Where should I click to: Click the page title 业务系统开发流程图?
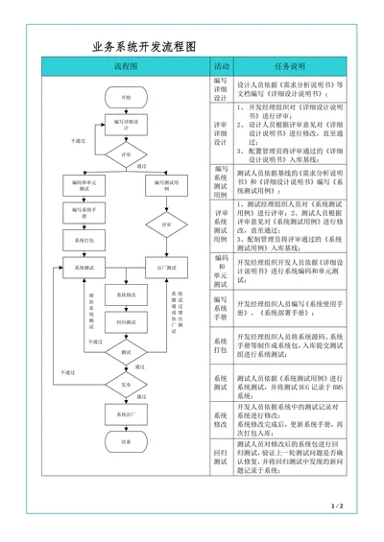click(143, 46)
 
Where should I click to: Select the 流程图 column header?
click(126, 66)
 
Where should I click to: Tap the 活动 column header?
click(221, 66)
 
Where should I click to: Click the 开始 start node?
click(126, 98)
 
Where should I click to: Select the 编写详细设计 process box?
click(126, 124)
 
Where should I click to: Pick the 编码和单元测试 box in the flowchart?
click(84, 184)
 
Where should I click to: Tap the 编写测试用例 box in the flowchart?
click(166, 184)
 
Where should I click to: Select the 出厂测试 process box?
click(166, 267)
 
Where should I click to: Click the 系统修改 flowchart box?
click(126, 295)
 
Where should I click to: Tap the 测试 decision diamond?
click(126, 352)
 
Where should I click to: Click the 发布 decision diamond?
click(126, 384)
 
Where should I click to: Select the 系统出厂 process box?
click(126, 413)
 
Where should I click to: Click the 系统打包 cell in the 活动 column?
click(221, 344)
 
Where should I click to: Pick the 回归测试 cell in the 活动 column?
click(221, 457)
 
